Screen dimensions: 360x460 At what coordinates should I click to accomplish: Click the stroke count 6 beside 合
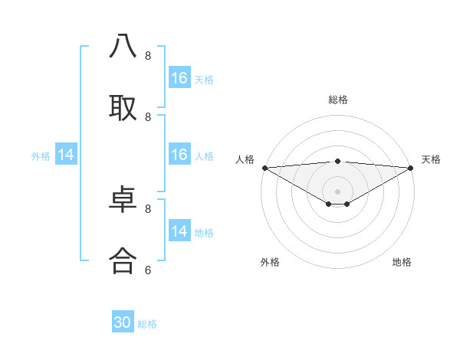pos(148,270)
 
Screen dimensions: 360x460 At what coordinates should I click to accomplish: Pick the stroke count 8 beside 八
pos(148,56)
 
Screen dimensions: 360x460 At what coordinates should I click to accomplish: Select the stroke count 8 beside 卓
pos(148,208)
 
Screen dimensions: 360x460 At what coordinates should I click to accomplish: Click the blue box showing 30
pos(123,322)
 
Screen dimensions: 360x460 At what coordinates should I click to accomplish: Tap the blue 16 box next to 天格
pos(179,78)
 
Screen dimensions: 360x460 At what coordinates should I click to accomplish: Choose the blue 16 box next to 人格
pos(179,155)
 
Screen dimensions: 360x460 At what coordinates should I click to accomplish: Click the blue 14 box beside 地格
pos(179,231)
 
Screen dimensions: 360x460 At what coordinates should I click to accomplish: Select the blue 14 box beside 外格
pos(66,155)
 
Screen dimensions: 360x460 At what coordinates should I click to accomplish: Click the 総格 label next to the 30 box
pos(148,324)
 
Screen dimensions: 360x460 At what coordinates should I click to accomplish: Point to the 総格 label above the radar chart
pos(338,100)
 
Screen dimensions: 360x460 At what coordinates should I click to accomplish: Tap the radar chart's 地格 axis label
pos(402,262)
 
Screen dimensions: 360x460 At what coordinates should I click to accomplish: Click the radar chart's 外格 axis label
pos(270,262)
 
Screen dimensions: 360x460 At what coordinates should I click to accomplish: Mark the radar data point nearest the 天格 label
pos(412,168)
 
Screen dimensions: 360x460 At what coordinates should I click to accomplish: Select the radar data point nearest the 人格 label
pos(264,168)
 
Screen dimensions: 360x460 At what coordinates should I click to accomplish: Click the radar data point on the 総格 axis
pos(338,161)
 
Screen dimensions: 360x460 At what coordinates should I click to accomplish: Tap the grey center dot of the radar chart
pos(338,191)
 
